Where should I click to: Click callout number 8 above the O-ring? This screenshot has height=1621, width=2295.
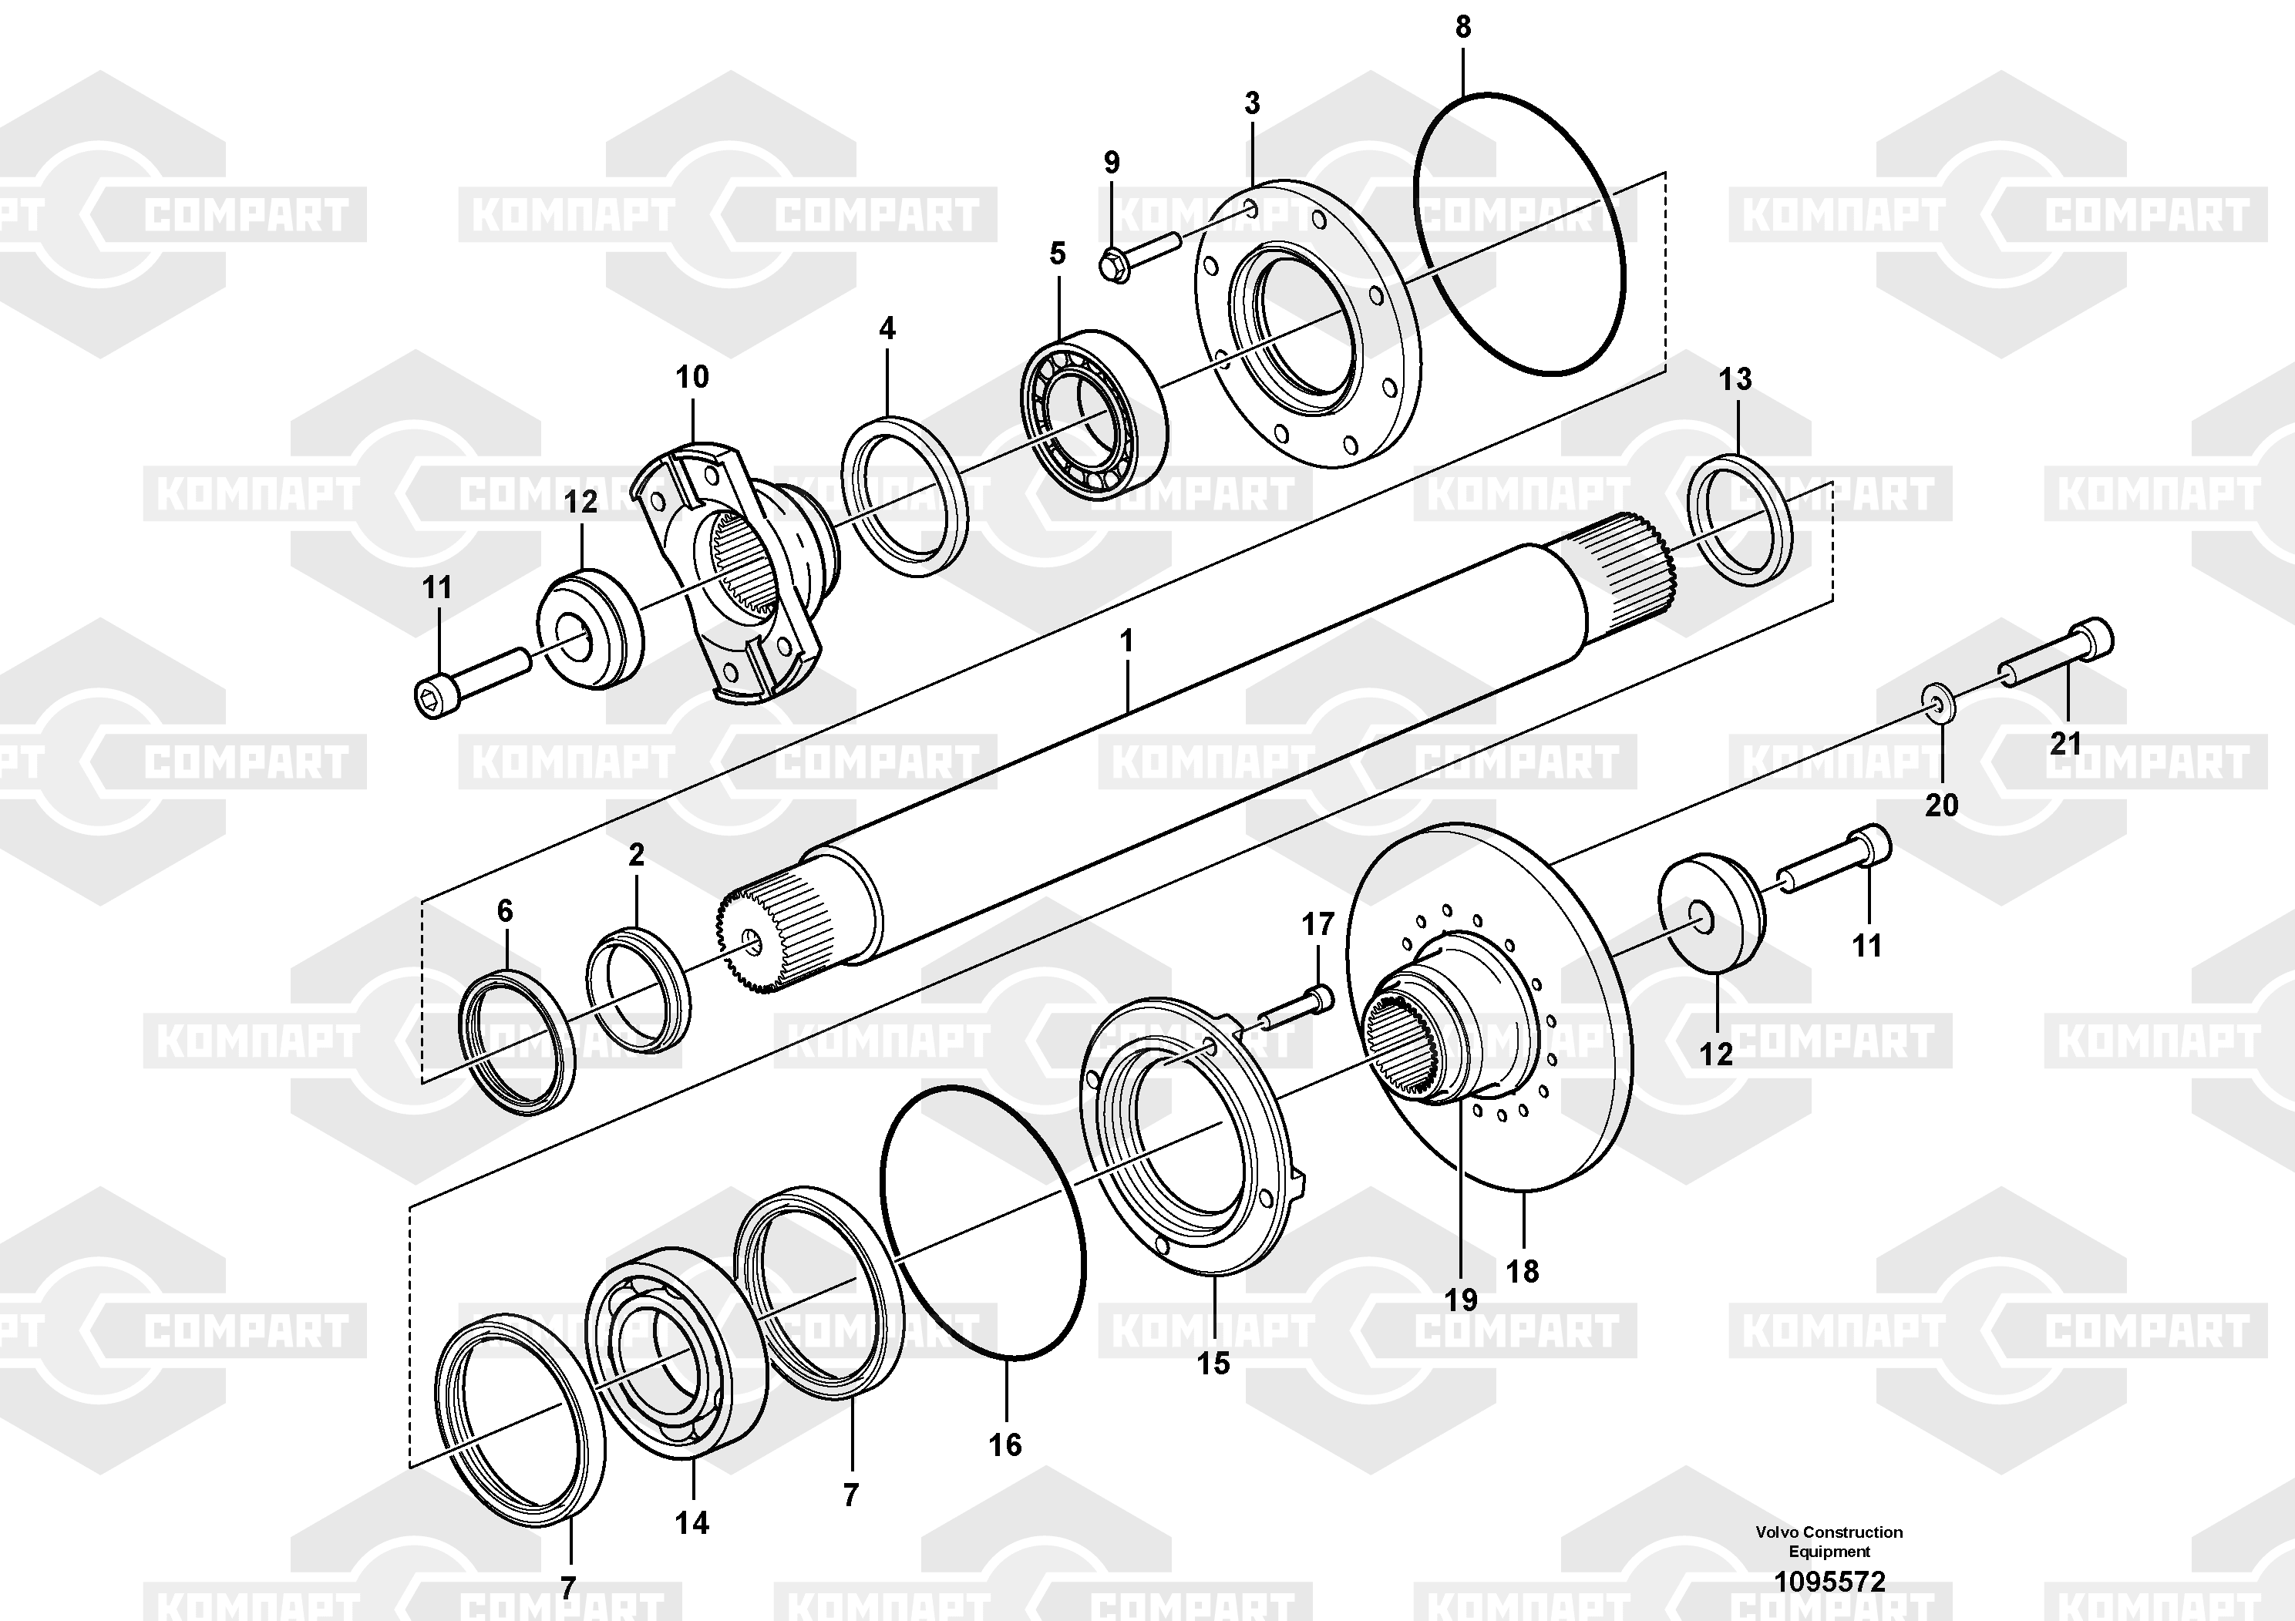(x=1462, y=28)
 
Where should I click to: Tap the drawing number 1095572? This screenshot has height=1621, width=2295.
(x=1829, y=1582)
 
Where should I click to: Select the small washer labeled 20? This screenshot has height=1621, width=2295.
(x=1939, y=704)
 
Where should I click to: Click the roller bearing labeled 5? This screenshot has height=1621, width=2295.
(x=1093, y=410)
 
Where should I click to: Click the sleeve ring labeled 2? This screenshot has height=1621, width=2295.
(x=638, y=990)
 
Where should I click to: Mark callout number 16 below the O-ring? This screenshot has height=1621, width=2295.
(x=1005, y=1444)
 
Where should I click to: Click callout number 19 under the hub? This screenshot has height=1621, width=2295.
(x=1460, y=1300)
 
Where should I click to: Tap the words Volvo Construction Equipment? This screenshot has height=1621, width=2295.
(x=1829, y=1541)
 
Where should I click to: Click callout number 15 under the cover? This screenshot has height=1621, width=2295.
(x=1213, y=1363)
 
